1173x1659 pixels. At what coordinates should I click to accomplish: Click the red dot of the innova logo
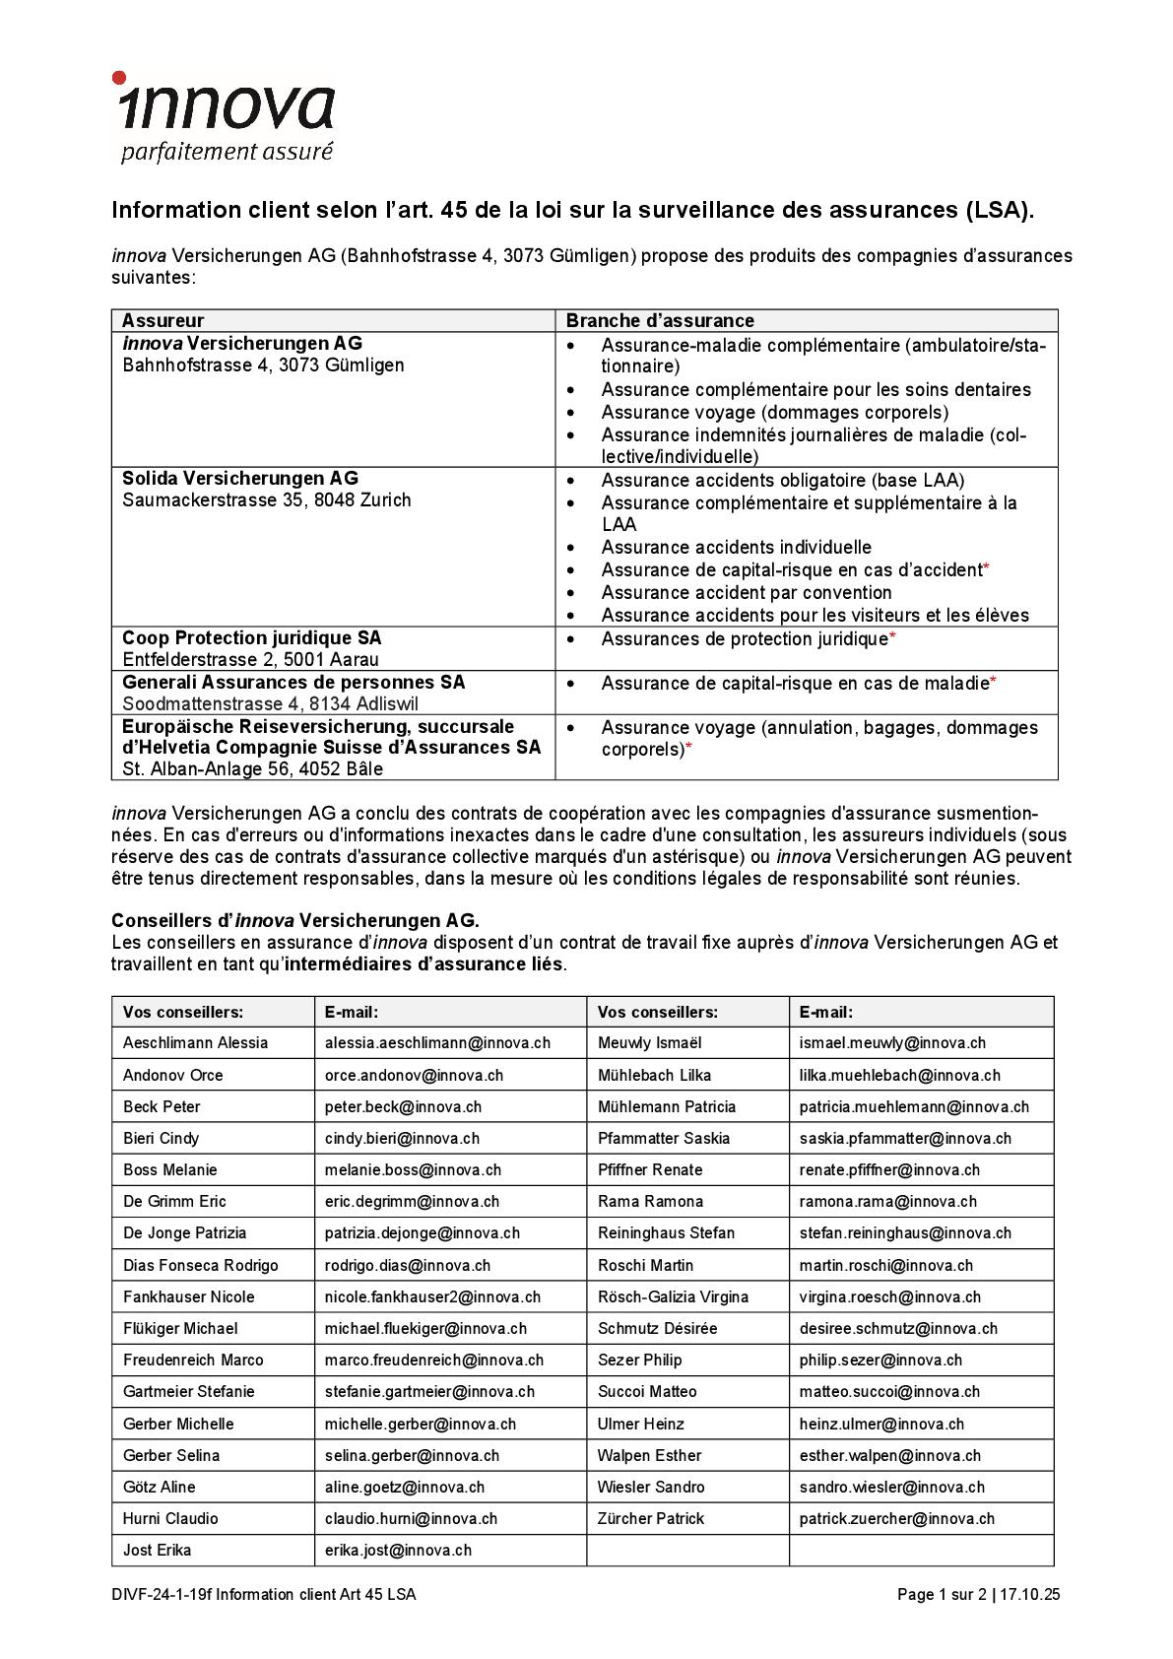[x=119, y=78]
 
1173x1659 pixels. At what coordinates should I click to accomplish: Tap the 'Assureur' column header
[x=163, y=320]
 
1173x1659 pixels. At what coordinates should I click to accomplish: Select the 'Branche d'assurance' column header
[x=660, y=320]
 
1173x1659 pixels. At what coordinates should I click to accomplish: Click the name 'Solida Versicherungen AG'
[x=239, y=479]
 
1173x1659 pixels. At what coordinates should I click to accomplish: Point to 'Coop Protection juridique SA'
[x=251, y=637]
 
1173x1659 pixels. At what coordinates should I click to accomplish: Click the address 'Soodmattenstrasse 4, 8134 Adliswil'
[x=270, y=703]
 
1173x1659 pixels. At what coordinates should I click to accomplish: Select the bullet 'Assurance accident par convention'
[x=747, y=592]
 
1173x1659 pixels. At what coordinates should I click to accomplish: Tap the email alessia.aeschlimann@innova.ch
[x=437, y=1042]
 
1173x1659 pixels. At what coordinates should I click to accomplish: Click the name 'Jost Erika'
[x=158, y=1550]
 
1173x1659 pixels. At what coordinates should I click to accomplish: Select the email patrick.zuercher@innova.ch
[x=896, y=1518]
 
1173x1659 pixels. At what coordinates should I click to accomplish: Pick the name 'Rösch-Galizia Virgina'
[x=673, y=1296]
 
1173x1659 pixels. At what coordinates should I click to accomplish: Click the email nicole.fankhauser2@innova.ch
[x=432, y=1296]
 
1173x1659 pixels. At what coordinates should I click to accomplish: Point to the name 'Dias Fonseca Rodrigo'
[x=201, y=1265]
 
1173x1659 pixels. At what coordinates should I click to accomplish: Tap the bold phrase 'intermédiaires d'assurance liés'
[x=424, y=963]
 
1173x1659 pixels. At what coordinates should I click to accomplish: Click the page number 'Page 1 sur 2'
[x=941, y=1595]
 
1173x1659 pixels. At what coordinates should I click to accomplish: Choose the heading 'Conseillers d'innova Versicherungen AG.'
[x=295, y=920]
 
